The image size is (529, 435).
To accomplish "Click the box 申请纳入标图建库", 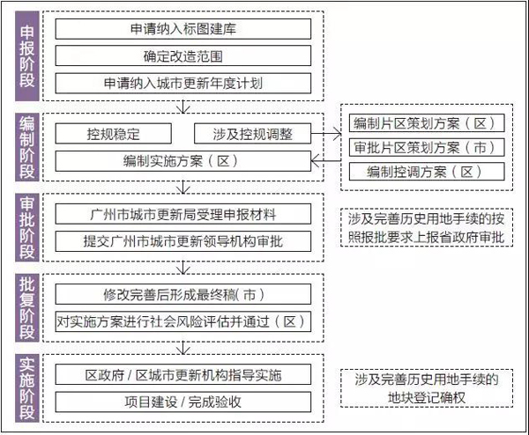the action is pyautogui.click(x=183, y=29).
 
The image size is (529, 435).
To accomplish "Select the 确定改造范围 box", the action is pyautogui.click(x=183, y=56).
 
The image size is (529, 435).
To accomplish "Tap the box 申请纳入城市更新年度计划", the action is pyautogui.click(x=183, y=83).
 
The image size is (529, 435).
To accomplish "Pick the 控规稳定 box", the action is pyautogui.click(x=114, y=134).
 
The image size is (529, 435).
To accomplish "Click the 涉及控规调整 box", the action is pyautogui.click(x=252, y=134).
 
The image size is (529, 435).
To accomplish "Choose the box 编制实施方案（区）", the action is pyautogui.click(x=183, y=161).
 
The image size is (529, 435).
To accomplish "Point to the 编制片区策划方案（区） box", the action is pyautogui.click(x=427, y=123).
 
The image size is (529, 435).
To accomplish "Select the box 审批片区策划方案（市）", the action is pyautogui.click(x=427, y=147).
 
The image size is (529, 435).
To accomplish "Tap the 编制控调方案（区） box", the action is pyautogui.click(x=427, y=172).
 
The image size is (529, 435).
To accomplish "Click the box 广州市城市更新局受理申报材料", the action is pyautogui.click(x=183, y=214).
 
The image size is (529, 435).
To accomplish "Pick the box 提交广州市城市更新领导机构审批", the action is pyautogui.click(x=183, y=241).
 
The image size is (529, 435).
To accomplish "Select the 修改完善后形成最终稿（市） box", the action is pyautogui.click(x=183, y=294).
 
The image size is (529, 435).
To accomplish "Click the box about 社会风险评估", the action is pyautogui.click(x=183, y=321).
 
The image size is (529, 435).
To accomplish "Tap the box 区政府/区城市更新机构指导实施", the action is pyautogui.click(x=183, y=375).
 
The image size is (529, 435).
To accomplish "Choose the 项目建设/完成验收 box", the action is pyautogui.click(x=183, y=402).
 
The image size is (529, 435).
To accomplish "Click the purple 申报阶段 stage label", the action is pyautogui.click(x=27, y=56).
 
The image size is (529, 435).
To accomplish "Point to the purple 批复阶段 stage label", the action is pyautogui.click(x=27, y=307).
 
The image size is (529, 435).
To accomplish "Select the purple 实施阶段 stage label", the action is pyautogui.click(x=27, y=387).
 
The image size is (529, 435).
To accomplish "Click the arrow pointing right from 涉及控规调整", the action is pyautogui.click(x=326, y=134).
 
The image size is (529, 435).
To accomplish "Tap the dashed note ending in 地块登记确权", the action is pyautogui.click(x=427, y=388).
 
